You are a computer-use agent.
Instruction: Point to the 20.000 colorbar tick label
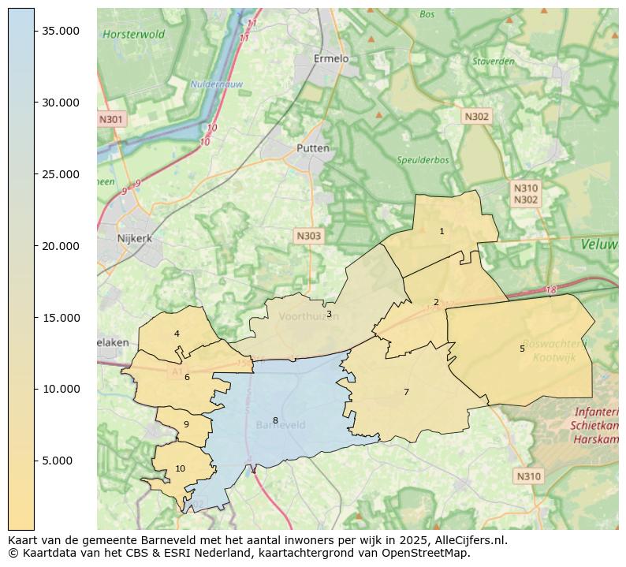(60, 246)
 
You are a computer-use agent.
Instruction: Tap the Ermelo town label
(330, 58)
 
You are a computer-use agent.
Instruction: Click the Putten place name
(313, 148)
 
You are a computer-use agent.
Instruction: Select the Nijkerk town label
(134, 237)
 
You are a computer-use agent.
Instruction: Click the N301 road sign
(111, 120)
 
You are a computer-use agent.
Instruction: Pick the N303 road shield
(308, 236)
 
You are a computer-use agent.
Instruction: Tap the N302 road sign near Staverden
(476, 117)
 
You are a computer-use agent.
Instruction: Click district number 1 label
(442, 231)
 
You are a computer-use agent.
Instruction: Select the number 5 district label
(522, 349)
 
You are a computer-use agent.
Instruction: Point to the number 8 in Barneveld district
(275, 420)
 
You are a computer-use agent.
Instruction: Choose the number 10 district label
(181, 468)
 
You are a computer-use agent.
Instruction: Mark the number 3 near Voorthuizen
(329, 314)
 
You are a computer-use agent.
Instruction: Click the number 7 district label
(406, 392)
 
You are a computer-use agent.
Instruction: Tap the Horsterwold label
(133, 35)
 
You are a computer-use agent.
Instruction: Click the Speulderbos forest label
(423, 160)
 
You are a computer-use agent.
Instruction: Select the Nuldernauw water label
(216, 84)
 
